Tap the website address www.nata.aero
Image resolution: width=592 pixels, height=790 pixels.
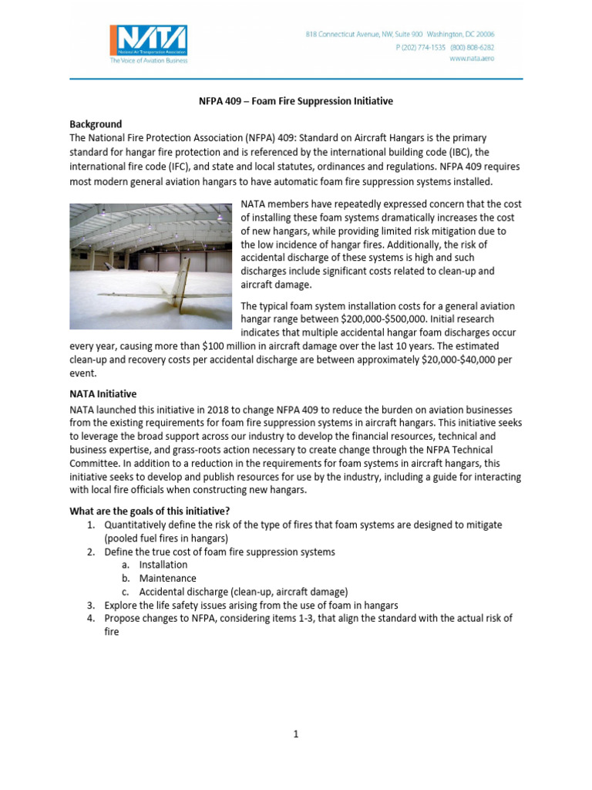pyautogui.click(x=471, y=59)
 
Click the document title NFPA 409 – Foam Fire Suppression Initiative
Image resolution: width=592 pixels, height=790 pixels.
pyautogui.click(x=296, y=102)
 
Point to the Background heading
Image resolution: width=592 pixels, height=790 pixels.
pyautogui.click(x=96, y=124)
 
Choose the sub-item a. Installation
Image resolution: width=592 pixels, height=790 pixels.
pyautogui.click(x=163, y=565)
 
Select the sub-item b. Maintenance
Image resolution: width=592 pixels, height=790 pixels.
pyautogui.click(x=167, y=578)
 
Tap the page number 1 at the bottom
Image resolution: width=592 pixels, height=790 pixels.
pyautogui.click(x=296, y=734)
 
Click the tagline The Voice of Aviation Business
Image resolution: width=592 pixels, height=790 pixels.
pyautogui.click(x=148, y=59)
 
